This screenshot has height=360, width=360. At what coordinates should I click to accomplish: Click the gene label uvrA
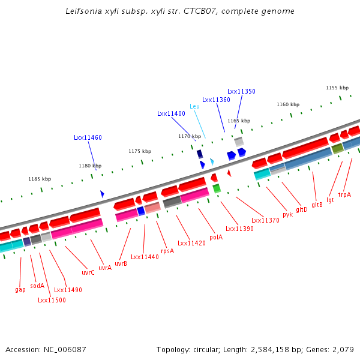105,268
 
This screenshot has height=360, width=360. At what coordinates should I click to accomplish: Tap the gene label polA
216,237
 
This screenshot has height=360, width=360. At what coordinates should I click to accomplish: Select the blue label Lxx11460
88,137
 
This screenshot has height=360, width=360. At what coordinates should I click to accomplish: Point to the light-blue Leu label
194,106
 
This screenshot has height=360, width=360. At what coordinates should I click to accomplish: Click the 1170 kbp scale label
190,136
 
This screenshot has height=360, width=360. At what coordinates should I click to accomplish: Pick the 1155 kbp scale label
337,88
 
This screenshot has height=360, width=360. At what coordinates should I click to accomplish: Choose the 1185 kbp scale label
40,179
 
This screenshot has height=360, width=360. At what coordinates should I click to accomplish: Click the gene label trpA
344,194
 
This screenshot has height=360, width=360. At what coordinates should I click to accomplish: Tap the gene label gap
20,289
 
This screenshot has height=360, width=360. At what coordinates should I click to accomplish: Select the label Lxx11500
52,300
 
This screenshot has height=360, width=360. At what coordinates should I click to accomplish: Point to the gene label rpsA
167,251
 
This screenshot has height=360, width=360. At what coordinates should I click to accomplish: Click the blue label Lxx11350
241,91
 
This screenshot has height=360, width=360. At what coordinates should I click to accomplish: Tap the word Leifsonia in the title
82,11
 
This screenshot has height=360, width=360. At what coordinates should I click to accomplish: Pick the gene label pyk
288,214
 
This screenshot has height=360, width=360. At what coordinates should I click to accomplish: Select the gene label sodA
37,286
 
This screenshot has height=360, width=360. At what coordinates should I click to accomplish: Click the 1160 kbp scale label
288,104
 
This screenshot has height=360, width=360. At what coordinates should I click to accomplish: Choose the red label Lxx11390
239,229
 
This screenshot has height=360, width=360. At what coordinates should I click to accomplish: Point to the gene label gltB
317,205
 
